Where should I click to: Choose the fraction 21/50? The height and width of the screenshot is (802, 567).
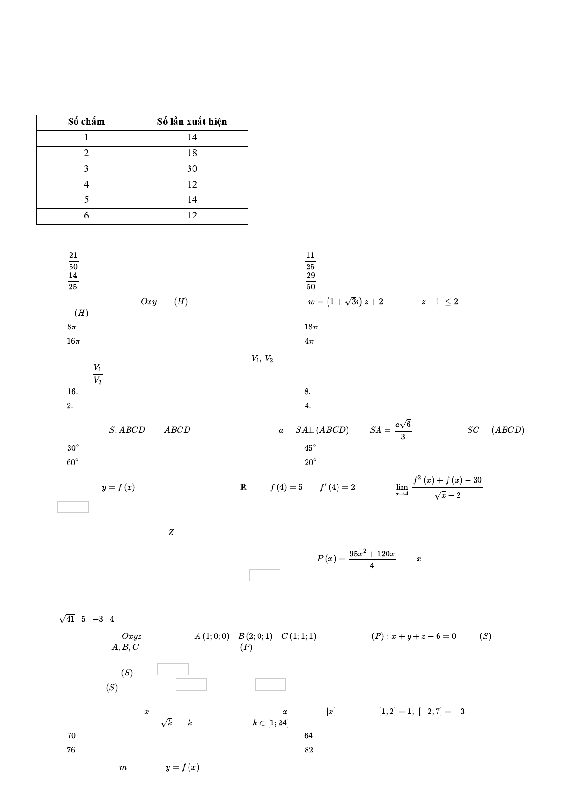tap(73, 261)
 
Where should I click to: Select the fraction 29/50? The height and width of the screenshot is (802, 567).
tap(310, 281)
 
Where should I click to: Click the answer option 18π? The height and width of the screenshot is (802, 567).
tap(311, 327)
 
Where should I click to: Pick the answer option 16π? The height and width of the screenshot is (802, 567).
tap(73, 341)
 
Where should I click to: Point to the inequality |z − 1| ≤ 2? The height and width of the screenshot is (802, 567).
tap(438, 302)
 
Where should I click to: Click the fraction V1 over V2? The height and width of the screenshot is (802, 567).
tap(98, 374)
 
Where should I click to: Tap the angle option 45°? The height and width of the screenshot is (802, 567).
tap(310, 448)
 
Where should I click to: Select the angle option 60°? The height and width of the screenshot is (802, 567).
tap(72, 462)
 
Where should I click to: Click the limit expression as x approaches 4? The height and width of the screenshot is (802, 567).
tap(439, 487)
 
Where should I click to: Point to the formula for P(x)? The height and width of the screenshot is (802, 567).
tap(357, 559)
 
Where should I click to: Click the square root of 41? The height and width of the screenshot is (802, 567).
tap(67, 619)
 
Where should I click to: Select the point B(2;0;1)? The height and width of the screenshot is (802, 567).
tap(255, 636)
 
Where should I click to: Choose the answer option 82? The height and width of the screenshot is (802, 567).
tap(309, 750)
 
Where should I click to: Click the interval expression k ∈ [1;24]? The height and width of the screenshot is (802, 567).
tap(271, 723)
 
